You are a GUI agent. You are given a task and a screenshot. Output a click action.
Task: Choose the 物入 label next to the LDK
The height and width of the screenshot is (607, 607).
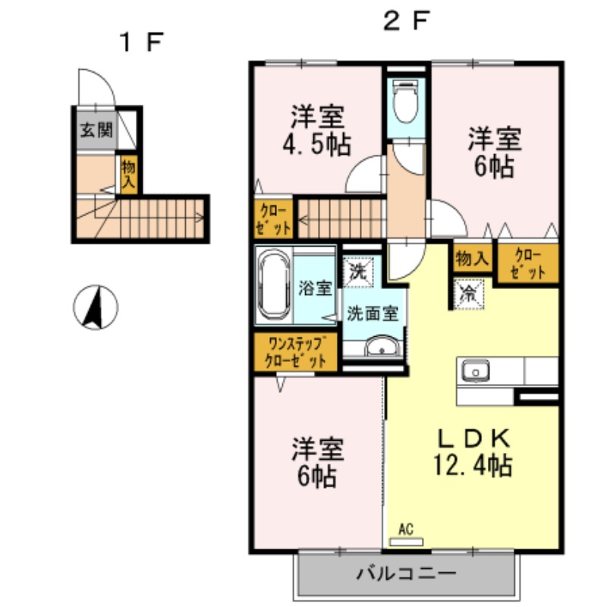pyautogui.click(x=471, y=258)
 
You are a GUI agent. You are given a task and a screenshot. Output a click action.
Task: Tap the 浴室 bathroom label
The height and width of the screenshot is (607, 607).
pyautogui.click(x=313, y=289)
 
